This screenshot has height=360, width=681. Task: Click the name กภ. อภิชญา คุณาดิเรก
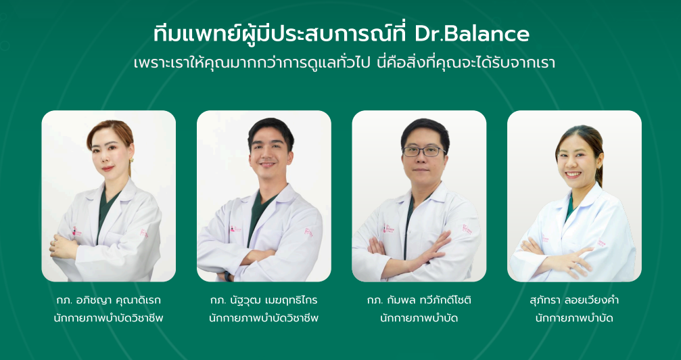(x=109, y=300)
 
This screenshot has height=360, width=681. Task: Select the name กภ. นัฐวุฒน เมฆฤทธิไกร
(x=264, y=300)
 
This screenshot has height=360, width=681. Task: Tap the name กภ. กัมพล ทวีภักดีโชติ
(x=419, y=300)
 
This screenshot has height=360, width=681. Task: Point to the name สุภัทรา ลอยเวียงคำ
(x=574, y=300)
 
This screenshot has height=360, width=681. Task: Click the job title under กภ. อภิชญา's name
(x=109, y=317)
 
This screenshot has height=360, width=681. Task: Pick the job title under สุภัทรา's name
(x=574, y=317)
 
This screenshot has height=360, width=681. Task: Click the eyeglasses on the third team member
(x=424, y=151)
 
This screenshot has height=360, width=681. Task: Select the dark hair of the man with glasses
(x=425, y=129)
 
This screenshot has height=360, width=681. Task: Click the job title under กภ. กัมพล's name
(x=419, y=317)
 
